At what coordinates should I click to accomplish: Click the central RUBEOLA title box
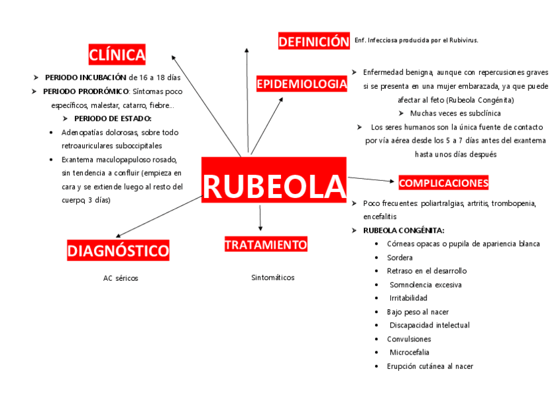[274, 187]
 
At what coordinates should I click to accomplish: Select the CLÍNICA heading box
[117, 55]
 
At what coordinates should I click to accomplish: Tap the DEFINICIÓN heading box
[313, 42]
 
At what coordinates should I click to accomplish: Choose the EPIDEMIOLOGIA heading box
[301, 84]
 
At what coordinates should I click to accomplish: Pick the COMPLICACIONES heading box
[444, 183]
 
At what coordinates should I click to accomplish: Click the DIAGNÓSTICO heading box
[118, 251]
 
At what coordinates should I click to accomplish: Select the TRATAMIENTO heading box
[266, 245]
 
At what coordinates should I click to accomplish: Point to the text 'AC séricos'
[120, 278]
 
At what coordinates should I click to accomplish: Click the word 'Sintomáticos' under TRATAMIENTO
[272, 278]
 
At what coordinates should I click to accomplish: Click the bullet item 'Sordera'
[400, 258]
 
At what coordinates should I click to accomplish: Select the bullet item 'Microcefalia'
[409, 353]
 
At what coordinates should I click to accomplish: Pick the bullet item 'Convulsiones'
[409, 339]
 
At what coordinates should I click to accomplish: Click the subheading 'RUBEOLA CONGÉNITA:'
[403, 230]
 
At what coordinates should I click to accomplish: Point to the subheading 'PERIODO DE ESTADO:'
[113, 118]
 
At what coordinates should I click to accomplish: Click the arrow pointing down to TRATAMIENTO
[261, 217]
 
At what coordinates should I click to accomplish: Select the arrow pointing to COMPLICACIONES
[371, 180]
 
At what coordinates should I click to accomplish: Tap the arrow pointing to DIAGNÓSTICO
[158, 216]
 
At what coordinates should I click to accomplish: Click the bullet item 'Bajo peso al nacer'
[418, 312]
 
